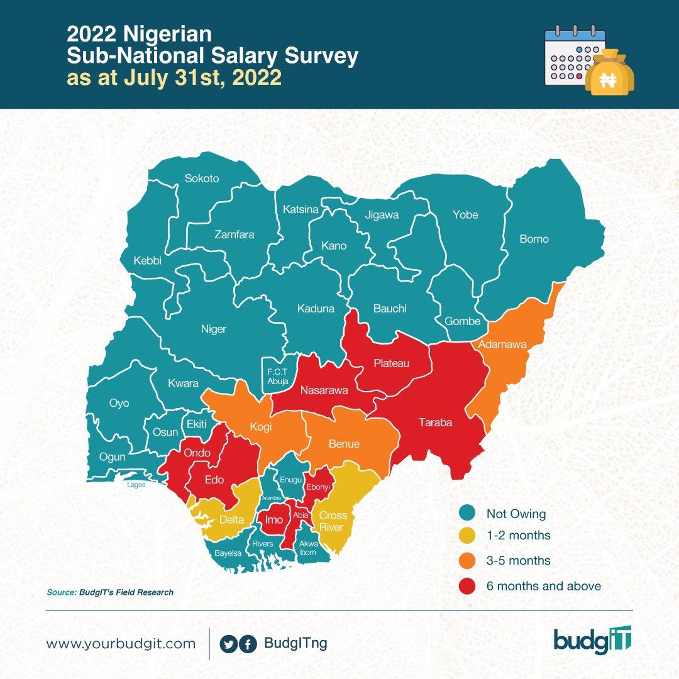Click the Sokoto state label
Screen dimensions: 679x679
[202, 179]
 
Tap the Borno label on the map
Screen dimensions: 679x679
[534, 239]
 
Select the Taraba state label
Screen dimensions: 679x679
[435, 422]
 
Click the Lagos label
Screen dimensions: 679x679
[136, 485]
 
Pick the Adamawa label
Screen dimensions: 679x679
[502, 345]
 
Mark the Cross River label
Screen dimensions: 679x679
[333, 521]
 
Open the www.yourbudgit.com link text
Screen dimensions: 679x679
[121, 644]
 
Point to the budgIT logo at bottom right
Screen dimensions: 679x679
[592, 641]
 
